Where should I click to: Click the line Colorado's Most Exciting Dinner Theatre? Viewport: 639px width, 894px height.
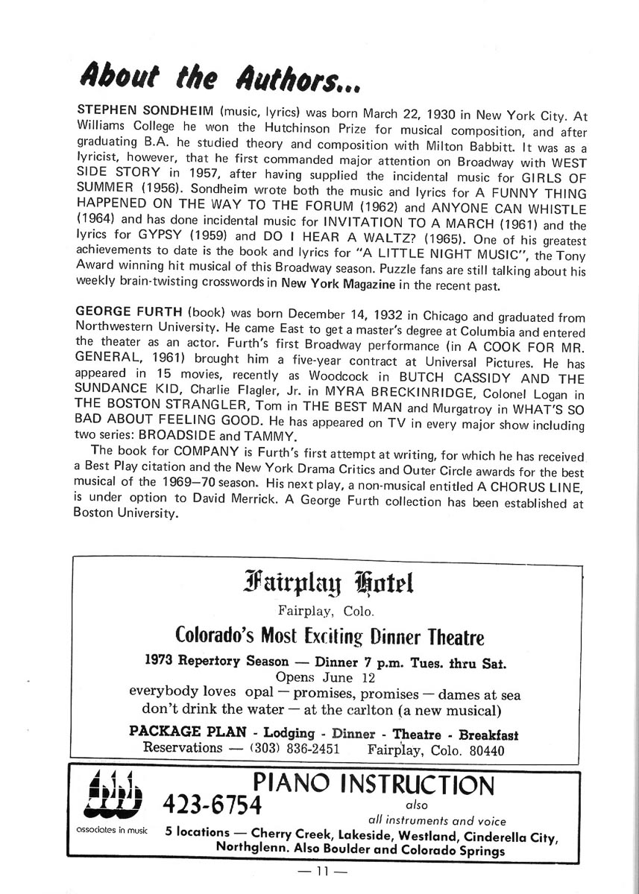[330, 638]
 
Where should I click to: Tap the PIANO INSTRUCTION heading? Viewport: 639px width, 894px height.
[373, 784]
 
